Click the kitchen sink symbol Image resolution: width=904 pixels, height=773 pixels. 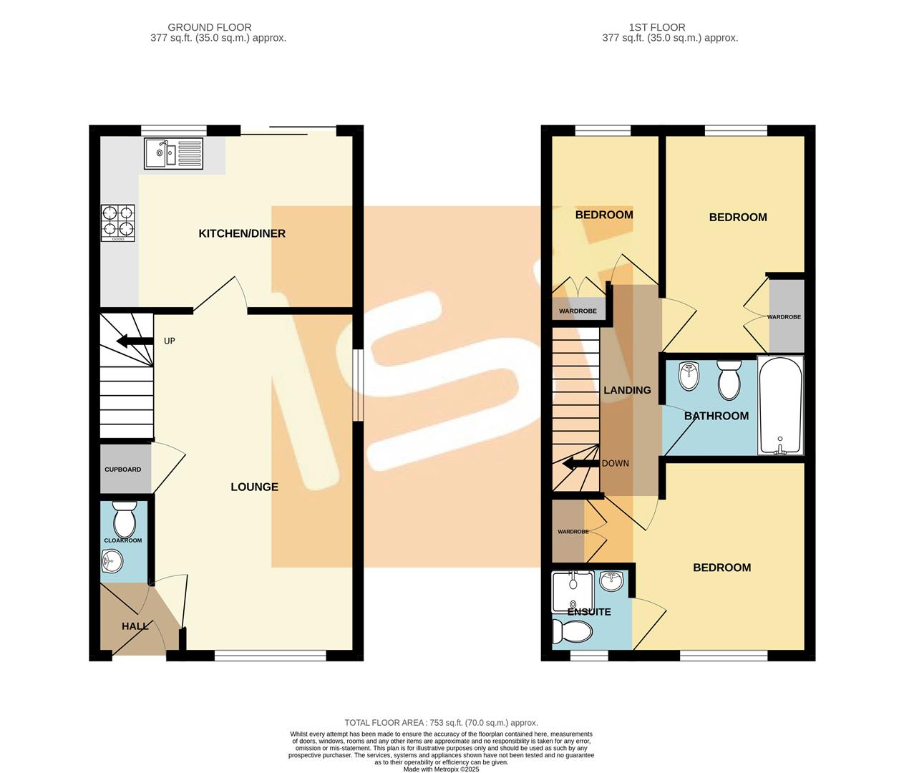pos(174,153)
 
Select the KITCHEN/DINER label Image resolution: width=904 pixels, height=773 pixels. pos(242,233)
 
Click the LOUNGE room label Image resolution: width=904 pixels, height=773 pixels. pos(254,487)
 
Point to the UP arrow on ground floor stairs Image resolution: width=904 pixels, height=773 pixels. pos(134,341)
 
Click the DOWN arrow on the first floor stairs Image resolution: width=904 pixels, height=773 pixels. pos(580,464)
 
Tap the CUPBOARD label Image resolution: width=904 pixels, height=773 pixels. pos(123,470)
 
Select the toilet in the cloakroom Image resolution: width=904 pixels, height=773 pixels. pos(125,520)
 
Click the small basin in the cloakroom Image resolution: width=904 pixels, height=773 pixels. pos(112,561)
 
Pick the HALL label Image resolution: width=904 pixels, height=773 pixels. pos(135,626)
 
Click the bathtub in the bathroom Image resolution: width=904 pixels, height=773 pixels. pos(780,406)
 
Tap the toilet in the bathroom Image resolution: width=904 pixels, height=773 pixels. pos(729,380)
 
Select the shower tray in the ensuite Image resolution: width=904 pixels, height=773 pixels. pos(573,590)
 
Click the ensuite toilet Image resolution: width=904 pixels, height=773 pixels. pos(573,631)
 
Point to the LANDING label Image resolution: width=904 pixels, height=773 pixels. pos(627,390)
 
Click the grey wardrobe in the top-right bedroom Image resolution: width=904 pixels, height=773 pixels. pos(786,316)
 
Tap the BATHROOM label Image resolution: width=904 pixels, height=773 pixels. pos(716,416)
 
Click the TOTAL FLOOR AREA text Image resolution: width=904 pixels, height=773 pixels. pos(441,723)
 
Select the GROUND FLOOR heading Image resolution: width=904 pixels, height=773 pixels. pos(210,27)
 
